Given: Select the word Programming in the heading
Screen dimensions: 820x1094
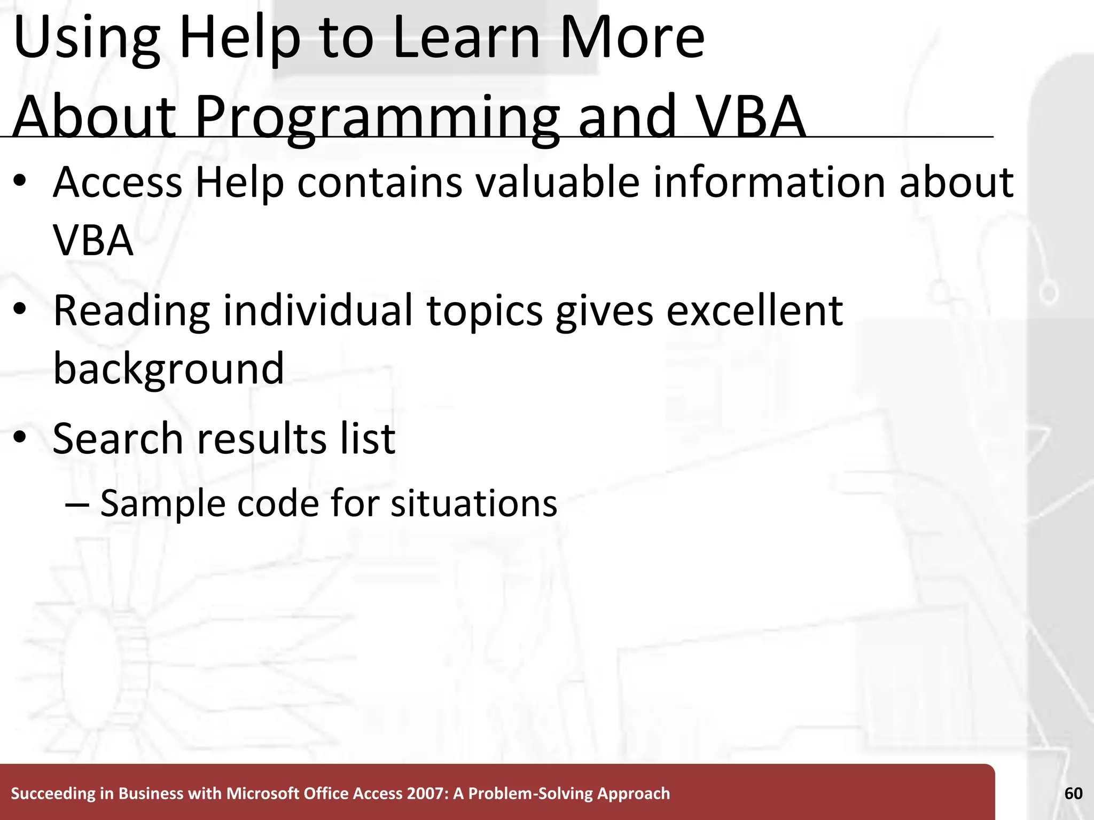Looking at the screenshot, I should pyautogui.click(x=377, y=116).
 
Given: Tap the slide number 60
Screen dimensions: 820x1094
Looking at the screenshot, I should pyautogui.click(x=1073, y=794).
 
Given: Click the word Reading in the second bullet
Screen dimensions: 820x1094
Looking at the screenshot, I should pyautogui.click(x=131, y=311).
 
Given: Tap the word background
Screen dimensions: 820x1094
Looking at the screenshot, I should pyautogui.click(x=168, y=368).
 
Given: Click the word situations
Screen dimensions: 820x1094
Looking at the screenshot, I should pyautogui.click(x=474, y=503).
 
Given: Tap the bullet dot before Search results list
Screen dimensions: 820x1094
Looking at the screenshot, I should pyautogui.click(x=20, y=438).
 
